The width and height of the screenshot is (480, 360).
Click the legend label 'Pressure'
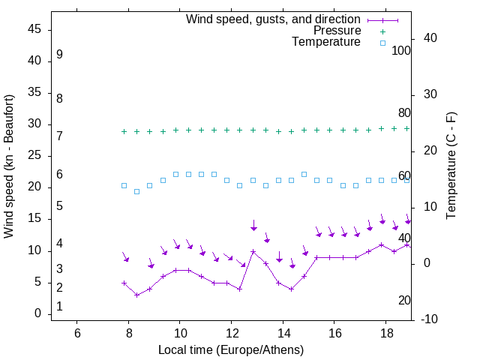pyautogui.click(x=337, y=31)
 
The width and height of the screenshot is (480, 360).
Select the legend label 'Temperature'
pyautogui.click(x=326, y=42)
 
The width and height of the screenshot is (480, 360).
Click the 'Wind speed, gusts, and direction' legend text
pyautogui.click(x=273, y=19)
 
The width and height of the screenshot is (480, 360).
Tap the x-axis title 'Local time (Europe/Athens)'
pyautogui.click(x=231, y=349)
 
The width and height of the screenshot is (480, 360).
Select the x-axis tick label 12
pyautogui.click(x=231, y=332)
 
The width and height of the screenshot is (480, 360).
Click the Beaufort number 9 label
pyautogui.click(x=59, y=55)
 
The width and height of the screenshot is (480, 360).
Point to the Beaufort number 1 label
pyautogui.click(x=59, y=307)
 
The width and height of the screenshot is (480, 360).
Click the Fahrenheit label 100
pyautogui.click(x=401, y=51)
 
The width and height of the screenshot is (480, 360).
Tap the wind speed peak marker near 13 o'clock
pyautogui.click(x=253, y=251)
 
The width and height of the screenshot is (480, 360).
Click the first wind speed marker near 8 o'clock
pyautogui.click(x=124, y=283)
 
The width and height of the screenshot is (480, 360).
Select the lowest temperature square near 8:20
pyautogui.click(x=136, y=191)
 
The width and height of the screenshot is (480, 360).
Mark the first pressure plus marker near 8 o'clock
pyautogui.click(x=124, y=131)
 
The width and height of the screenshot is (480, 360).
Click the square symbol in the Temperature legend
pyautogui.click(x=382, y=43)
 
